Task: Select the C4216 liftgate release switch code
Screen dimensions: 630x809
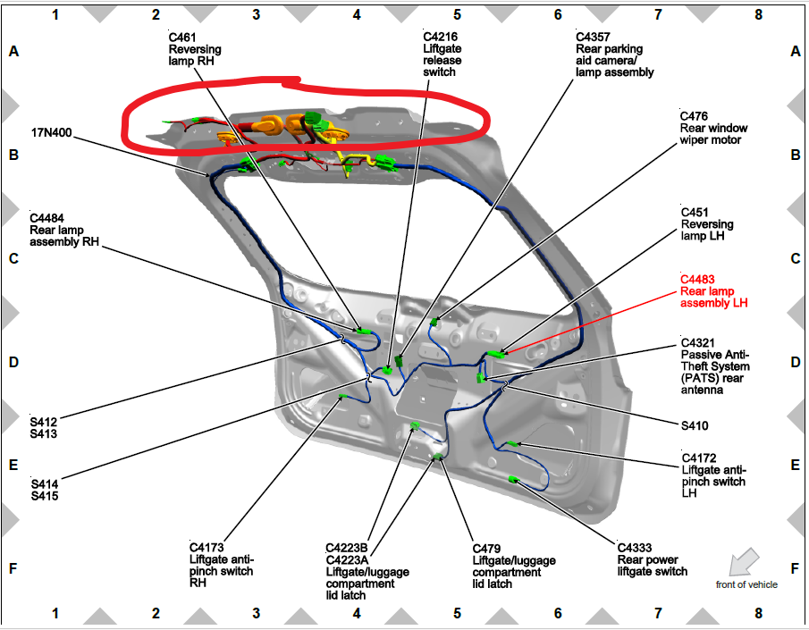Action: point(442,37)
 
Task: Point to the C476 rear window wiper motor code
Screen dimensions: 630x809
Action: point(696,116)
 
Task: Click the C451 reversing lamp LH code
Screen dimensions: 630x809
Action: point(696,213)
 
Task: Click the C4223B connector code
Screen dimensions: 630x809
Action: point(348,549)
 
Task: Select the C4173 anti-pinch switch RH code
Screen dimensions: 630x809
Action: point(206,548)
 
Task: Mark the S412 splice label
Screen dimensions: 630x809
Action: point(44,422)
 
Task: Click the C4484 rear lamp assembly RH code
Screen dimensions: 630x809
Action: point(47,217)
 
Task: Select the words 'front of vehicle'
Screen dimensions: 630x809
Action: point(746,584)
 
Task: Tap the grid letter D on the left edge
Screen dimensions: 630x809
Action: point(13,363)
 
